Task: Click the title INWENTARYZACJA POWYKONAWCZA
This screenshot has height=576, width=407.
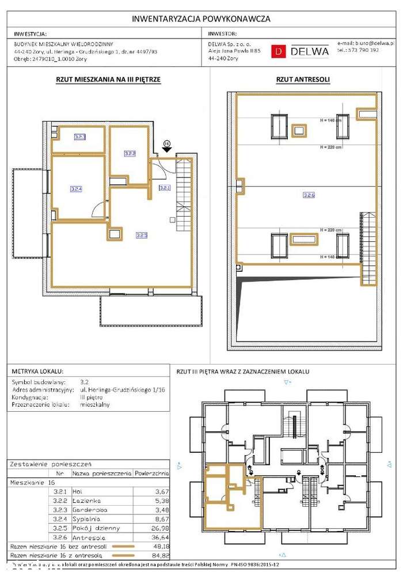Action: (201, 19)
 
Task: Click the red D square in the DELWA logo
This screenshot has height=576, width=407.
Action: (279, 51)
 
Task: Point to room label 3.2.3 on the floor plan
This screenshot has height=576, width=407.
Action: (79, 137)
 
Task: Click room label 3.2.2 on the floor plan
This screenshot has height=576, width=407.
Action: (130, 154)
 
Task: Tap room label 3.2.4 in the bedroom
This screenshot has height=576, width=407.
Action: (76, 188)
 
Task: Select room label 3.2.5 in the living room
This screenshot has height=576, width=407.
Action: (142, 235)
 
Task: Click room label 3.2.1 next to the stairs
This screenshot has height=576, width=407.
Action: (165, 188)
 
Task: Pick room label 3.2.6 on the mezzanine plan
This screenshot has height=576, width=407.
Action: (309, 195)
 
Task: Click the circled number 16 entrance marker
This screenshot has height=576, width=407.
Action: (167, 142)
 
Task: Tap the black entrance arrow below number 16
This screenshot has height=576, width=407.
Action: (167, 150)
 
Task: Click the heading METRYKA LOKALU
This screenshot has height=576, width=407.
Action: (37, 372)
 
